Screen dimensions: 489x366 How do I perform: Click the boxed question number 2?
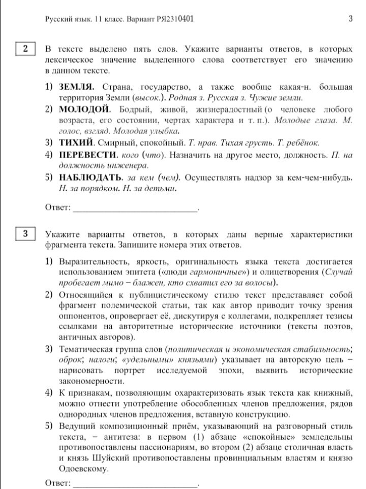[25, 49]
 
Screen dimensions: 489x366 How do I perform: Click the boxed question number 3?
[25, 234]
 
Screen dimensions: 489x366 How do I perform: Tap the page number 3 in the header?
[351, 19]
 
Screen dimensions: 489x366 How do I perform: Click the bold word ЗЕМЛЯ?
[77, 87]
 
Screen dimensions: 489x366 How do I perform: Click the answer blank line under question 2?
[135, 208]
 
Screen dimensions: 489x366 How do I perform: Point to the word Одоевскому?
[83, 469]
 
